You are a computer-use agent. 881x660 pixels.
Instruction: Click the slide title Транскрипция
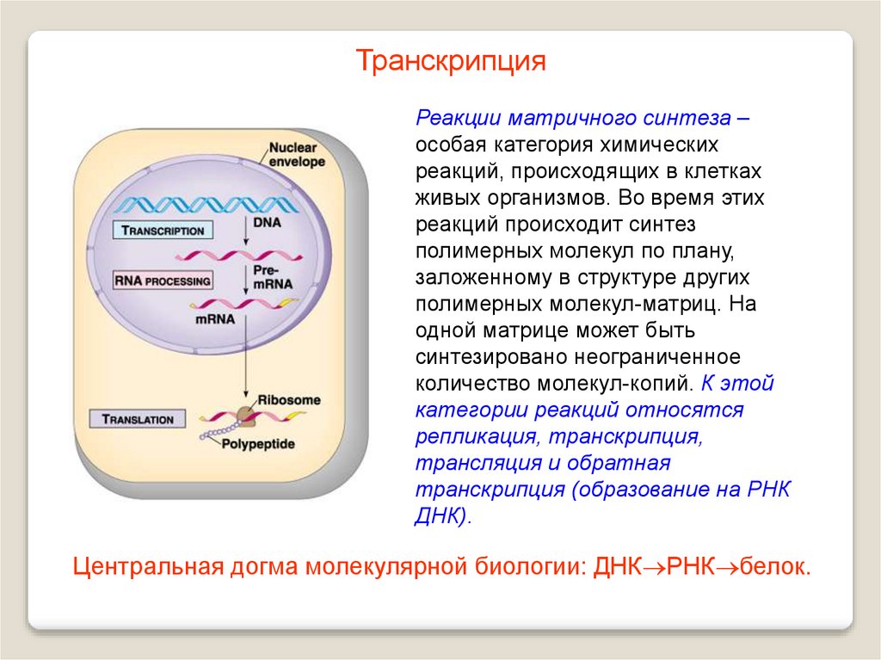click(x=452, y=61)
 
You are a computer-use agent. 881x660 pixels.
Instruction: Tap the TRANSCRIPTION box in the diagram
click(x=163, y=231)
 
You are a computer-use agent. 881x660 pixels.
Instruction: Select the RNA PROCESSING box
click(x=163, y=281)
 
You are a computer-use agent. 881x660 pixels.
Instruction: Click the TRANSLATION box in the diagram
click(x=138, y=419)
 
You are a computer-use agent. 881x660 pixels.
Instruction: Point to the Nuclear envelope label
click(x=297, y=154)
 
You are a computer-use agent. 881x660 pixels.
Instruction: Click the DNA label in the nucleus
click(x=268, y=222)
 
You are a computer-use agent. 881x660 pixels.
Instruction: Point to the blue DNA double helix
click(x=207, y=205)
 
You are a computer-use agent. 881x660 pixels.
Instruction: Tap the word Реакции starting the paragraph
click(x=458, y=117)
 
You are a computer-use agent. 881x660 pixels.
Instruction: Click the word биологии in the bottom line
click(x=521, y=567)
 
